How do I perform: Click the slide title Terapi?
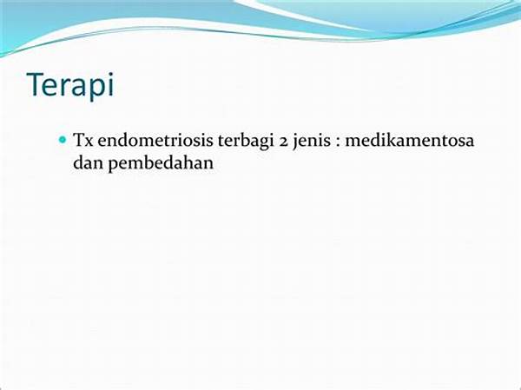click(x=71, y=85)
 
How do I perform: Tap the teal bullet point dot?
click(x=63, y=139)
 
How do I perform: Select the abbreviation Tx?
click(x=83, y=140)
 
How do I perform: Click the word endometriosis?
click(x=155, y=140)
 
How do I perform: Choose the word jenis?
click(x=312, y=142)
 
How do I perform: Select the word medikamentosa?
click(x=410, y=140)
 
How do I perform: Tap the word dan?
click(x=88, y=163)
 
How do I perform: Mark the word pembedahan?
click(x=161, y=164)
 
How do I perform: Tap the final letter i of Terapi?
click(x=111, y=84)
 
